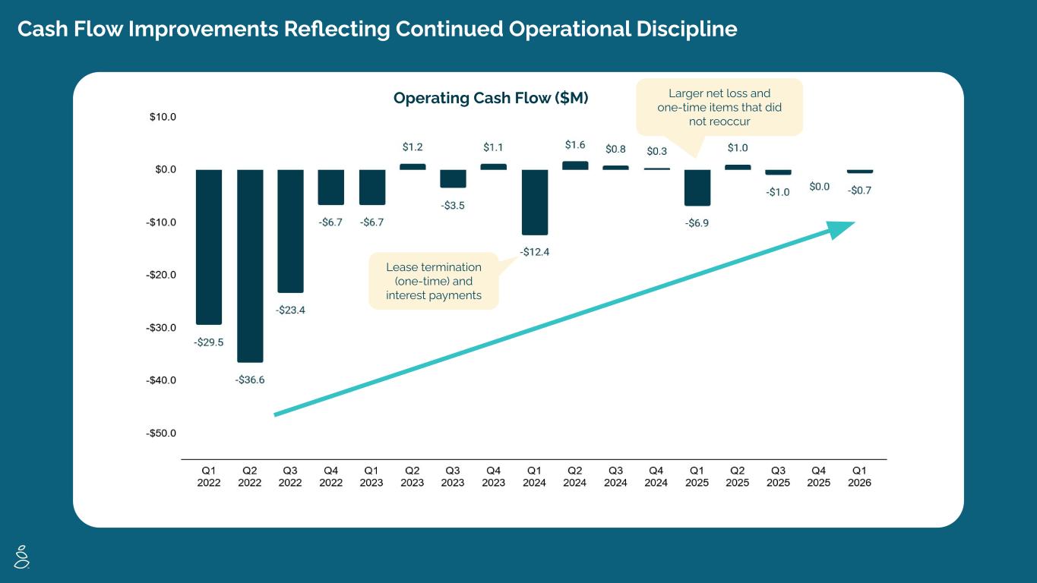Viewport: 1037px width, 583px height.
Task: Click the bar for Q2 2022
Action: click(x=250, y=266)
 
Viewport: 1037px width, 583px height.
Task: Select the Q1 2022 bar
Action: click(x=209, y=247)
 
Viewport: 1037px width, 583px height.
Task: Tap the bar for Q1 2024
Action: click(x=535, y=202)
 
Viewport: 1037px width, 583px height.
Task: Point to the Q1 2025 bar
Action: click(x=697, y=188)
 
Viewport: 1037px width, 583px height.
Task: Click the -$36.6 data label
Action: click(x=250, y=380)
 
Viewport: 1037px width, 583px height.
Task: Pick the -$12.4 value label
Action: click(x=535, y=252)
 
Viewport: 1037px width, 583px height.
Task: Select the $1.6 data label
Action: click(x=575, y=145)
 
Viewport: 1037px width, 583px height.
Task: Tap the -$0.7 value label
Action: click(x=860, y=191)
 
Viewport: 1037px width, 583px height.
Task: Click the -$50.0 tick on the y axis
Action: click(x=161, y=433)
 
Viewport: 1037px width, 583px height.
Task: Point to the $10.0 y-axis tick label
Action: click(x=163, y=117)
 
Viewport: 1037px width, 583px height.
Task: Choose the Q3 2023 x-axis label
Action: click(x=453, y=477)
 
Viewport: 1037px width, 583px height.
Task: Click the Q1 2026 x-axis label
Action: click(x=860, y=477)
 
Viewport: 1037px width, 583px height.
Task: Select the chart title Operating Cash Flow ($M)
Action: click(x=491, y=98)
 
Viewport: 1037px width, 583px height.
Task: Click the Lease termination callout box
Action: click(x=434, y=281)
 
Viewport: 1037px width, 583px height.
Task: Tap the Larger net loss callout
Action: click(x=719, y=107)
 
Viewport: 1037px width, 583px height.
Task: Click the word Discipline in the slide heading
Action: click(x=687, y=29)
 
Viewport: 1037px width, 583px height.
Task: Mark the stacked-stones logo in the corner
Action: click(x=22, y=556)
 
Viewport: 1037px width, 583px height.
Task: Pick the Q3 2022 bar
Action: click(x=291, y=232)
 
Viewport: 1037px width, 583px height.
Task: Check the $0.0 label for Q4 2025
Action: click(x=820, y=187)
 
